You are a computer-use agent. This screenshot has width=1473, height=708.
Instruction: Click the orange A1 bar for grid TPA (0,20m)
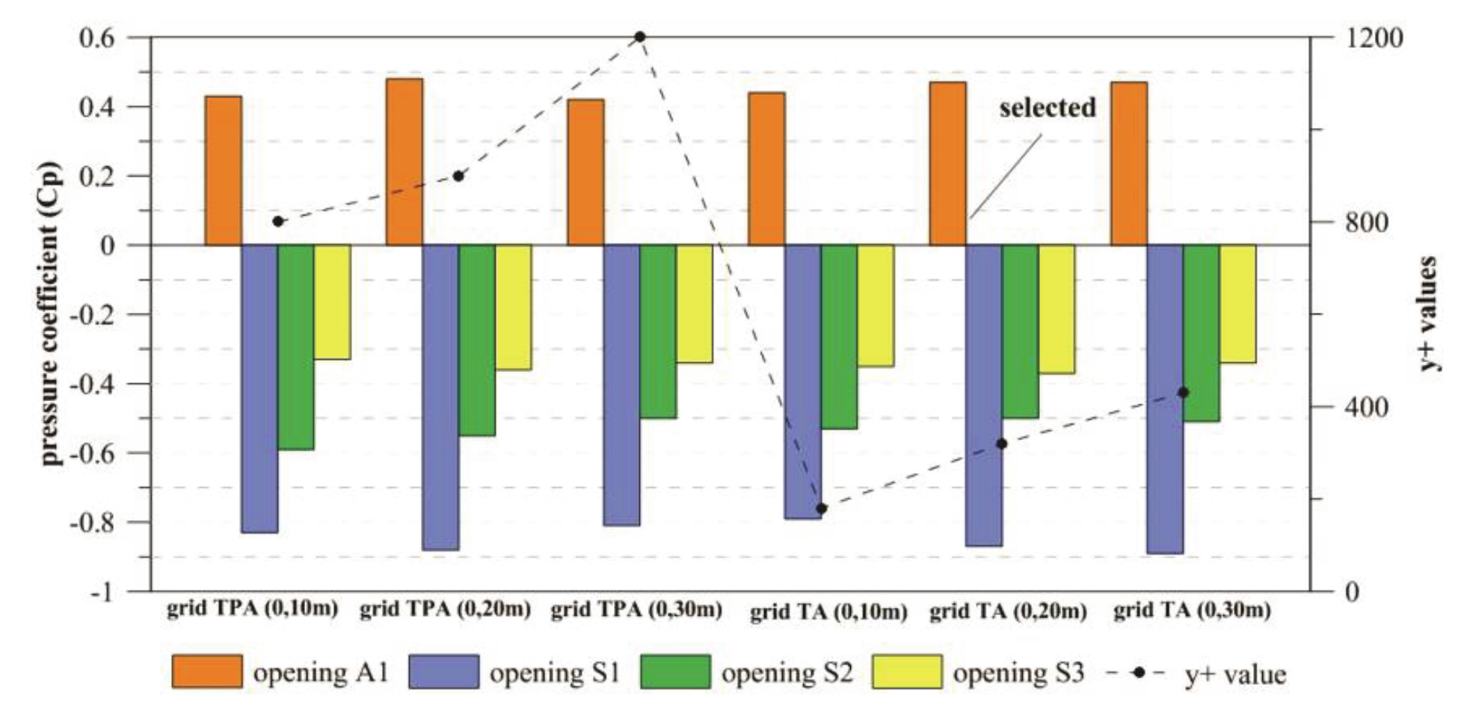[x=404, y=162]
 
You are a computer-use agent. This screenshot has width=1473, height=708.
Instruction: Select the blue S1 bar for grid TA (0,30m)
[x=1165, y=399]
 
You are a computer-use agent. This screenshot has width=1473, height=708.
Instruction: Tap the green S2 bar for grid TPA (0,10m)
[x=295, y=347]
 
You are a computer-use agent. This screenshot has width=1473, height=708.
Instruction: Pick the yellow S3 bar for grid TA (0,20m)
[x=1057, y=309]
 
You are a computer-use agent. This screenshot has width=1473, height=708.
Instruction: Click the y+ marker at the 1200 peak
[x=640, y=37]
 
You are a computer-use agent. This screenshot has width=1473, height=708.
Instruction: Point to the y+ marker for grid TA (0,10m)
[x=821, y=508]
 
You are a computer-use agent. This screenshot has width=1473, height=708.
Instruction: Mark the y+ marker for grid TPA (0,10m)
[x=278, y=222]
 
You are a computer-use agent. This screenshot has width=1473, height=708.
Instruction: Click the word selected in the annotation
[x=1048, y=108]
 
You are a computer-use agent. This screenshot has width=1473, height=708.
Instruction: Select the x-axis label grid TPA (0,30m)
[x=636, y=609]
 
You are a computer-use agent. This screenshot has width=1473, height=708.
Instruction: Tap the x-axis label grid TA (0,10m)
[x=828, y=612]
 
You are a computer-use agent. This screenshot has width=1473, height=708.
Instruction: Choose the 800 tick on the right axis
[x=1366, y=222]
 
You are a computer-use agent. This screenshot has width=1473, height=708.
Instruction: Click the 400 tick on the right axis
[x=1366, y=407]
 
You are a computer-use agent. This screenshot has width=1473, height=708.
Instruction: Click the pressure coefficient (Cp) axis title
[x=51, y=314]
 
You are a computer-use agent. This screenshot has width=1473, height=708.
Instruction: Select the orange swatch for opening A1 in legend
[x=207, y=671]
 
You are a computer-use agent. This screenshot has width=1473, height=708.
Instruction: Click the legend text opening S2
[x=787, y=673]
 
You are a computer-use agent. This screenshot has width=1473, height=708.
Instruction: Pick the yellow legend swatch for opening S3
[x=908, y=671]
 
